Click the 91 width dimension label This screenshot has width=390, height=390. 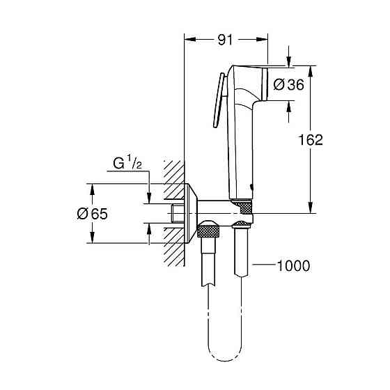tap(225, 40)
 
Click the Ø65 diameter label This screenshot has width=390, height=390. tap(92, 214)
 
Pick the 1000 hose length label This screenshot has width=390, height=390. tap(293, 265)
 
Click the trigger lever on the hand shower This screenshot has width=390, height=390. tap(218, 101)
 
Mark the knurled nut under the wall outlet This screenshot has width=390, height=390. tap(208, 230)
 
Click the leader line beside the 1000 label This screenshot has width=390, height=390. tap(264, 265)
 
